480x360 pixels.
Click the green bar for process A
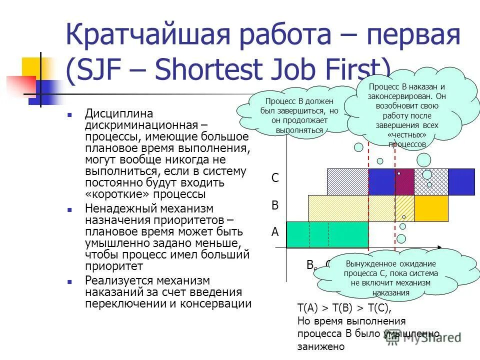(327, 234)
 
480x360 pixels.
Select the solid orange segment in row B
(431, 208)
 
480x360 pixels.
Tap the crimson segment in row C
(404, 182)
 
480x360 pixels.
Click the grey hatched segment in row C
(347, 182)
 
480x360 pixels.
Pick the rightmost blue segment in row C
(461, 182)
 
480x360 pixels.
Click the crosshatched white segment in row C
(431, 182)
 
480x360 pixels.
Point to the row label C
(275, 178)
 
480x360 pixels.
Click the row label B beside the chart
(275, 205)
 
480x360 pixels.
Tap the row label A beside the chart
(275, 232)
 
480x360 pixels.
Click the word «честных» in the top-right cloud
(406, 135)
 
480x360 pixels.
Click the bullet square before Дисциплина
(71, 114)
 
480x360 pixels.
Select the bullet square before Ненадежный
(71, 208)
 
